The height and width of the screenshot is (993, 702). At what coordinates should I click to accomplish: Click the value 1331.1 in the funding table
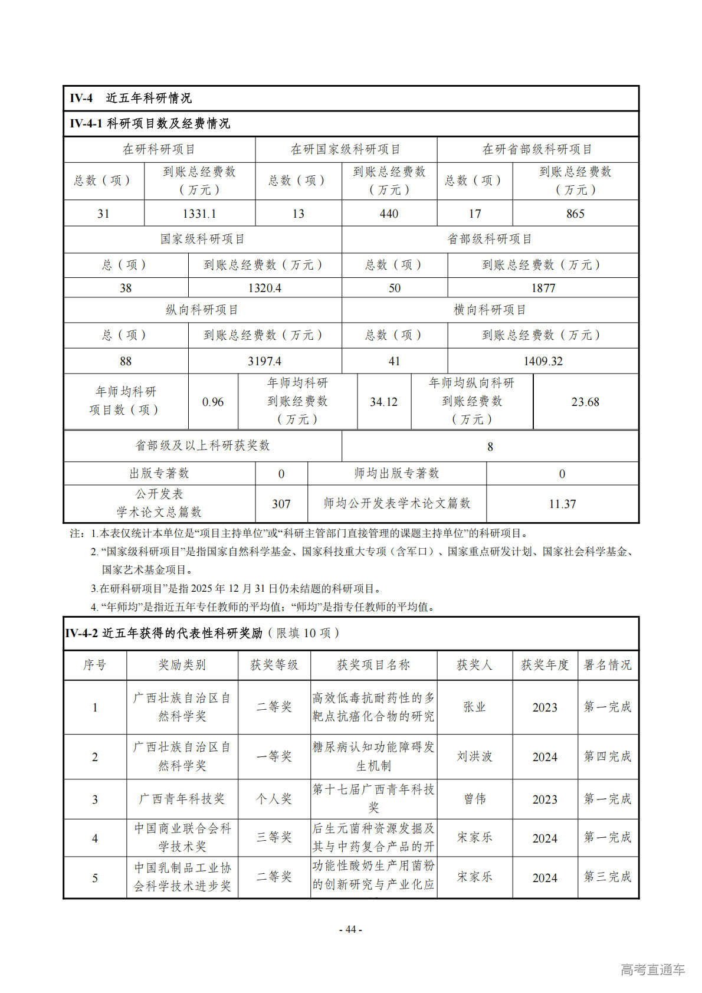(199, 214)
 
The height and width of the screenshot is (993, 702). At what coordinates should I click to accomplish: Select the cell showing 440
(389, 214)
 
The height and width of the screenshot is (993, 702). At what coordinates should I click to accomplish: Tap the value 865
(575, 214)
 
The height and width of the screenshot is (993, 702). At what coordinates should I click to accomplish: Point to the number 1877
(543, 288)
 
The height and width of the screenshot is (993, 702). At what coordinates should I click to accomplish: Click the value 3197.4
(264, 361)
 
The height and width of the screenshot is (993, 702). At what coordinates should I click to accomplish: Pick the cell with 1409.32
(543, 361)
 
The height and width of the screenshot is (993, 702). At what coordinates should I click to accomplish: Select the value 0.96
(213, 402)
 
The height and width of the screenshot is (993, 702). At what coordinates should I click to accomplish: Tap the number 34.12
(383, 402)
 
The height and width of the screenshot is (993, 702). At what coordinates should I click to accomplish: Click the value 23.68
(585, 402)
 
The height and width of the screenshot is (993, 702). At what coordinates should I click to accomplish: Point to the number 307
(281, 504)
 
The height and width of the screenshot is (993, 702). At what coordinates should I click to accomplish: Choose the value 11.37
(562, 504)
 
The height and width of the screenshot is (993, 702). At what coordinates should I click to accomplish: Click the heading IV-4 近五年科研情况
(130, 98)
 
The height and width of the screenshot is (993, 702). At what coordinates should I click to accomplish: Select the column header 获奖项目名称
(373, 665)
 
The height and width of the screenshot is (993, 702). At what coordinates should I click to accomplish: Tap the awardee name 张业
(474, 707)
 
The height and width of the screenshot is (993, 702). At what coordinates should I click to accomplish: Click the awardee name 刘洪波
(474, 756)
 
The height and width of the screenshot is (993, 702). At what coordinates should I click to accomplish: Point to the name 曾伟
(474, 799)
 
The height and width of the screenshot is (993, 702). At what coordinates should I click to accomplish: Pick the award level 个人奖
(274, 799)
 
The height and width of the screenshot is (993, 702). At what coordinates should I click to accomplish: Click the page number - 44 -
(350, 929)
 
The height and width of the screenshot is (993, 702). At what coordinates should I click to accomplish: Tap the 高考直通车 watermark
(652, 969)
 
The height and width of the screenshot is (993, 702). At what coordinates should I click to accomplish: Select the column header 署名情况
(607, 665)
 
